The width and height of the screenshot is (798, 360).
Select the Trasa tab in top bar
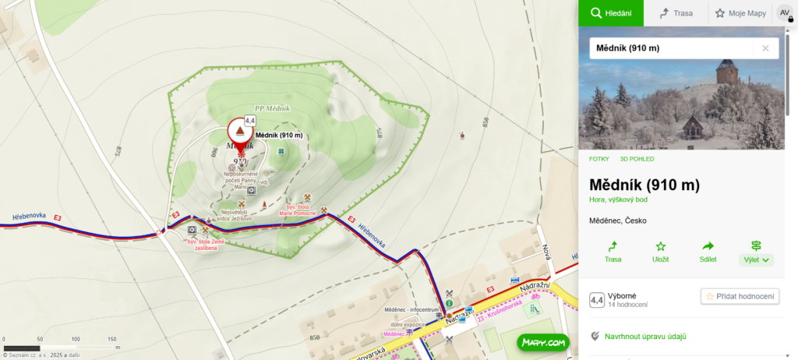pos(676,13)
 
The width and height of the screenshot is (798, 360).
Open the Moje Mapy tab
pos(740,13)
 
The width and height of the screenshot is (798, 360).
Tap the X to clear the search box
pos(765,48)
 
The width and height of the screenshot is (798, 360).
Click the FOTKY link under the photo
pos(599,159)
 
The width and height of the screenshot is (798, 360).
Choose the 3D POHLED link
pos(637,159)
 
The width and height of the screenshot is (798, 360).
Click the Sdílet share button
pos(708,252)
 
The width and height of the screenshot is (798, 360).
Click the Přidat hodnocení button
pos(740,296)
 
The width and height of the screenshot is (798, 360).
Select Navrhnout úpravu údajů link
pos(644,337)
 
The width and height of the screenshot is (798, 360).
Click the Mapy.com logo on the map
pos(543,342)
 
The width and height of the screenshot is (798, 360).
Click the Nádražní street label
pos(535,288)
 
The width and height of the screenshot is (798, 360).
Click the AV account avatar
pos(785,13)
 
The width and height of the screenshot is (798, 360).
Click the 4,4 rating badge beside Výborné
pos(597,300)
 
